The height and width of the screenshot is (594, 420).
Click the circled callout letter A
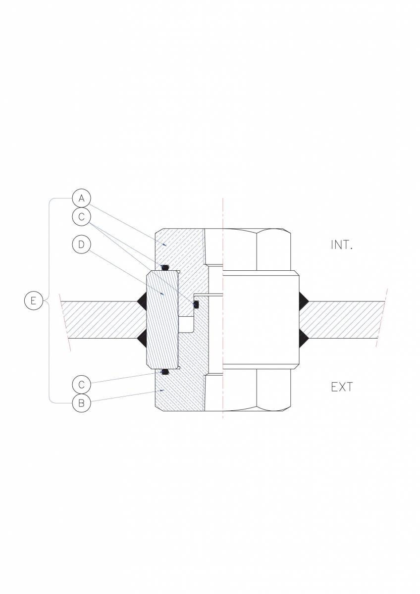(81, 198)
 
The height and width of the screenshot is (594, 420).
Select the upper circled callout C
(81, 217)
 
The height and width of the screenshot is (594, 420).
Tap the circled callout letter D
(81, 245)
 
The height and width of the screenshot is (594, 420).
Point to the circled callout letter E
(33, 301)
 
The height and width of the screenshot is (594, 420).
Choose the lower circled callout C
(81, 385)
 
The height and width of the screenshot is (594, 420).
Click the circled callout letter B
(81, 403)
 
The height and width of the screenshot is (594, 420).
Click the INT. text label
(342, 245)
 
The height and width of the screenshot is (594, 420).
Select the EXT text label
(342, 388)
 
